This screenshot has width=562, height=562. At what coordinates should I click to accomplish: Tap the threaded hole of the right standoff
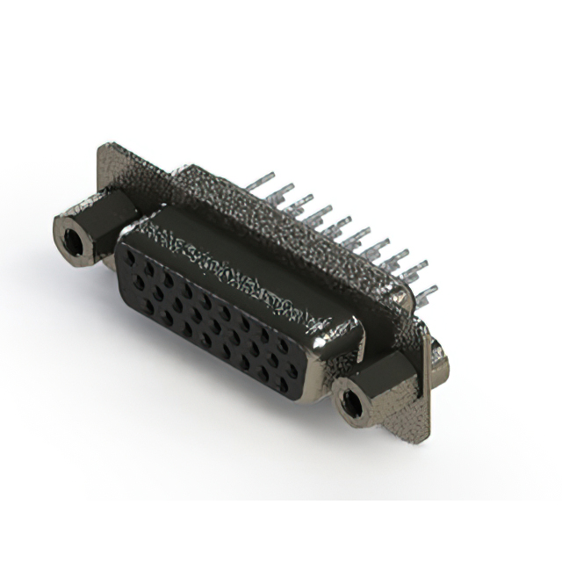pos(353,404)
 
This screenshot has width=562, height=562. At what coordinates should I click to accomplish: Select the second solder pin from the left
pos(281,194)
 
